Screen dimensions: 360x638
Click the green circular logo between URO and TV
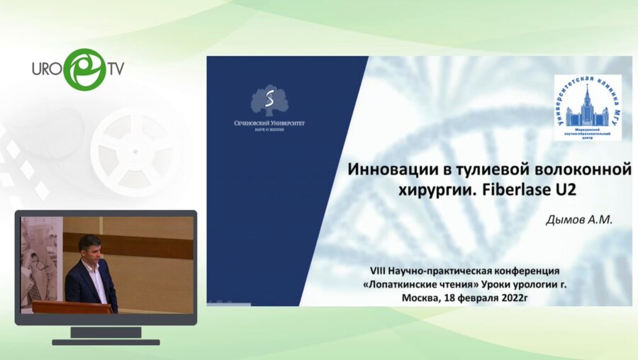(84, 69)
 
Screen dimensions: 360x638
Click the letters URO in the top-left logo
(48, 69)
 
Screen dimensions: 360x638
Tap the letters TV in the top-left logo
(116, 69)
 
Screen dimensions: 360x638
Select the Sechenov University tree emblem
(270, 101)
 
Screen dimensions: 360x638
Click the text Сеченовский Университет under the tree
(270, 123)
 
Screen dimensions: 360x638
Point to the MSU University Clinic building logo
(588, 106)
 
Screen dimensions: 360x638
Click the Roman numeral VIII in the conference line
(381, 271)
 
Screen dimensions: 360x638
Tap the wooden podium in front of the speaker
(71, 307)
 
